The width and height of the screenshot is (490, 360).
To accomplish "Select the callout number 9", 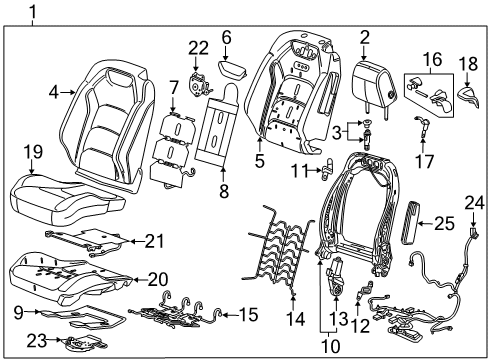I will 18,311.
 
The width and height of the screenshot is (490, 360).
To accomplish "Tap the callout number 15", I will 248,315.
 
